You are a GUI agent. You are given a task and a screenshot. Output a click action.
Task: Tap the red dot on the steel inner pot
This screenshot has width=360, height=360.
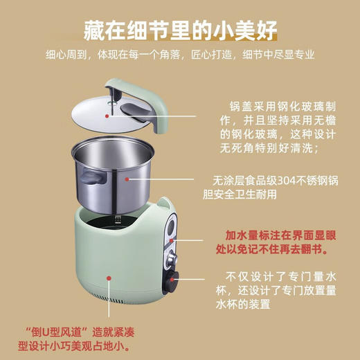pyautogui.click(x=127, y=178)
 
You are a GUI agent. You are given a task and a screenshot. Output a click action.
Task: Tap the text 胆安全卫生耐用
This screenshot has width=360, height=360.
pyautogui.click(x=239, y=195)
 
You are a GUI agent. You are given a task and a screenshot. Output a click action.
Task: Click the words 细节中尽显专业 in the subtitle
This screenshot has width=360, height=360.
pyautogui.click(x=291, y=55)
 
